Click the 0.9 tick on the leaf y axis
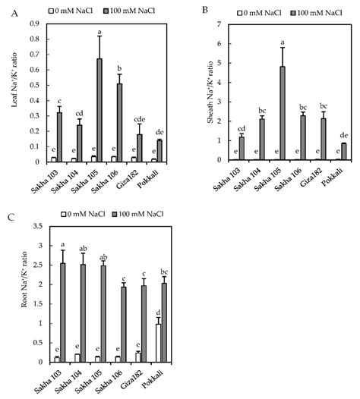coord(36,24)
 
